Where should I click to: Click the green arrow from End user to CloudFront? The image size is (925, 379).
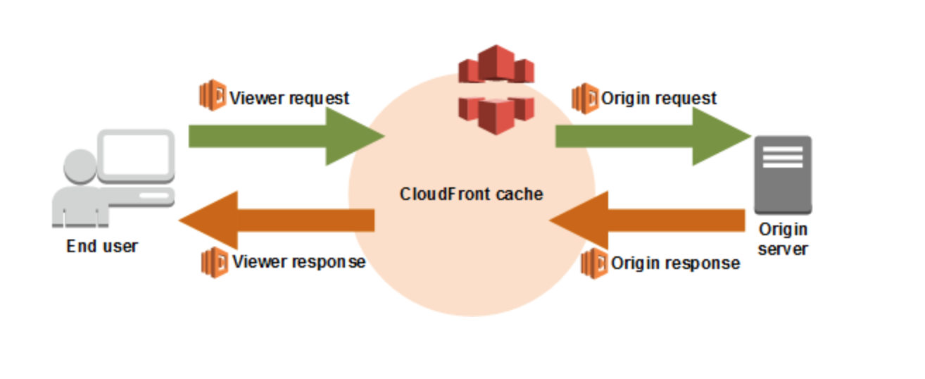282,137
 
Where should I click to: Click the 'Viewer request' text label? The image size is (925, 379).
289,98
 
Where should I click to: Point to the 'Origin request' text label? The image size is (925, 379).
659,98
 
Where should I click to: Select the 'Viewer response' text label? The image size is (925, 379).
298,262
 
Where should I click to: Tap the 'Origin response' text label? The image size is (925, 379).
675,263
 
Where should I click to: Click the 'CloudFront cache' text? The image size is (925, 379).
472,194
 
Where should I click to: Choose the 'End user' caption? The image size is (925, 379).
102,247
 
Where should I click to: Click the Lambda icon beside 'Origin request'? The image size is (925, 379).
584,97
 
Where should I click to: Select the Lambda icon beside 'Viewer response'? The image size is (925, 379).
214,261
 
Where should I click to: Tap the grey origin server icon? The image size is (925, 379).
783,175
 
